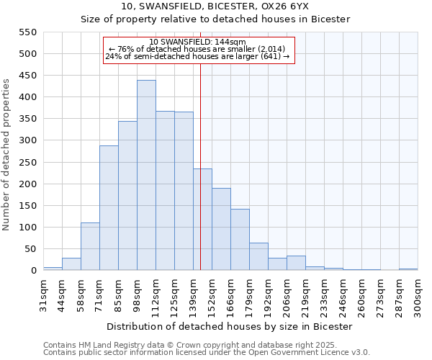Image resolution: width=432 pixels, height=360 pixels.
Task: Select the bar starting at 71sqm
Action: (x=109, y=208)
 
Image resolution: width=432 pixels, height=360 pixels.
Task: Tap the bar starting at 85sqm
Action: (x=127, y=196)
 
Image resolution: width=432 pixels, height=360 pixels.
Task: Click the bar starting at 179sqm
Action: (x=258, y=256)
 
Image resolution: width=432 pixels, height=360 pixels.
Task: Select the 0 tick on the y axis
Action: (x=32, y=271)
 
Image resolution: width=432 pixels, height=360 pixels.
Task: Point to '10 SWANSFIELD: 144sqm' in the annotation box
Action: (x=198, y=42)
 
